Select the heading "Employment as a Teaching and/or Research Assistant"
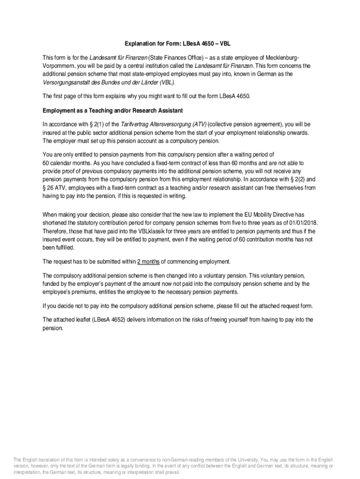[113, 110]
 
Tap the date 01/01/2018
[302, 223]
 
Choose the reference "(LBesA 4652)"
[110, 319]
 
